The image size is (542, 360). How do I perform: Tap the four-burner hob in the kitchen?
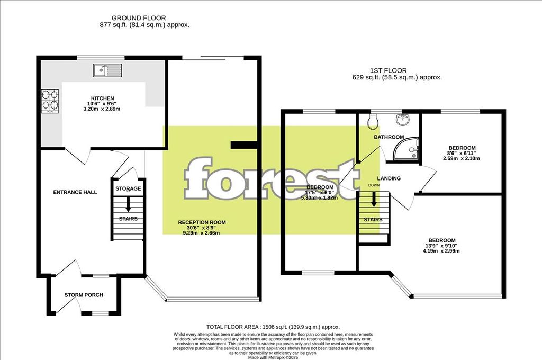[x=50, y=100]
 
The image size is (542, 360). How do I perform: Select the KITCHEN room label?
[x=103, y=99]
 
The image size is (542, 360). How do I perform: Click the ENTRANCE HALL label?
[x=75, y=192]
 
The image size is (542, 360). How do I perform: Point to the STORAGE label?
[x=128, y=188]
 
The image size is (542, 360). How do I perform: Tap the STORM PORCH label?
[x=84, y=295]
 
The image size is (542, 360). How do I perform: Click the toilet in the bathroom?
[x=373, y=123]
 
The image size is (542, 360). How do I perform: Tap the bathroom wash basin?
[x=403, y=119]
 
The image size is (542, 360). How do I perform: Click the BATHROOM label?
[x=389, y=137]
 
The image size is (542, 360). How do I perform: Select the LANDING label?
[x=389, y=178]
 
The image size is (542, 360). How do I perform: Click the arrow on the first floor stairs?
[x=374, y=199]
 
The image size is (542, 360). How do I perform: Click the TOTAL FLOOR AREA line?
[x=273, y=327]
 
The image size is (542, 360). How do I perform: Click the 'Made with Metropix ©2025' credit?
[x=273, y=357]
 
